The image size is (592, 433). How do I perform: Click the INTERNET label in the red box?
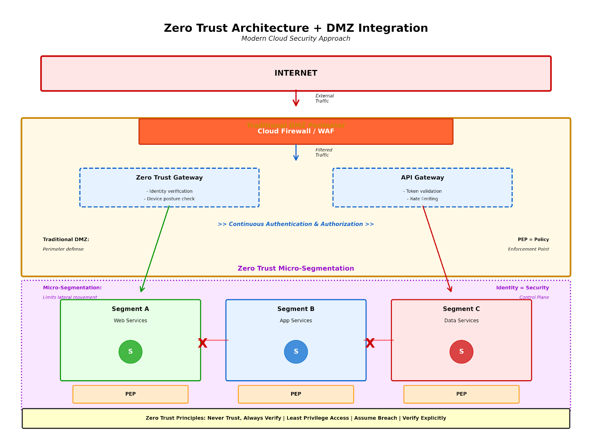[296, 73]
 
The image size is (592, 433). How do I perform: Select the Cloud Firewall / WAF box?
[296, 132]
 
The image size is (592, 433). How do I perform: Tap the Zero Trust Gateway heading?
[169, 178]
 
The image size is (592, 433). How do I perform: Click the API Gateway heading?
[422, 178]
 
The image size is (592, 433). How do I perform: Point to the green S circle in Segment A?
[130, 352]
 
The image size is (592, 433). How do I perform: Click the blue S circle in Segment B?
[296, 352]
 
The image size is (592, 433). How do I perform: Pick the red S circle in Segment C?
[461, 352]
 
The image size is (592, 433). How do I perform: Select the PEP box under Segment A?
[130, 394]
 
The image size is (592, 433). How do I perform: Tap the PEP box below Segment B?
[296, 394]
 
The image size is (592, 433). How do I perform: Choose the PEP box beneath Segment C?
[461, 394]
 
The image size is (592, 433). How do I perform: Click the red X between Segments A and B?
[202, 343]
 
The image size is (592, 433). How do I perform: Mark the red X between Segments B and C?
[370, 343]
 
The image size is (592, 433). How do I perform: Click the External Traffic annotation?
[324, 98]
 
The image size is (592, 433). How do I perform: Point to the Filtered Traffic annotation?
[323, 152]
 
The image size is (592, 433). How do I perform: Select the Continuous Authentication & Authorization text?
[296, 224]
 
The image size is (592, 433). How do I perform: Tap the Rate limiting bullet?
[422, 199]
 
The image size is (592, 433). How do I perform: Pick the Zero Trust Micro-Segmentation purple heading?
[296, 268]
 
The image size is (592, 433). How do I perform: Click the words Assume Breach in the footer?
[375, 418]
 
